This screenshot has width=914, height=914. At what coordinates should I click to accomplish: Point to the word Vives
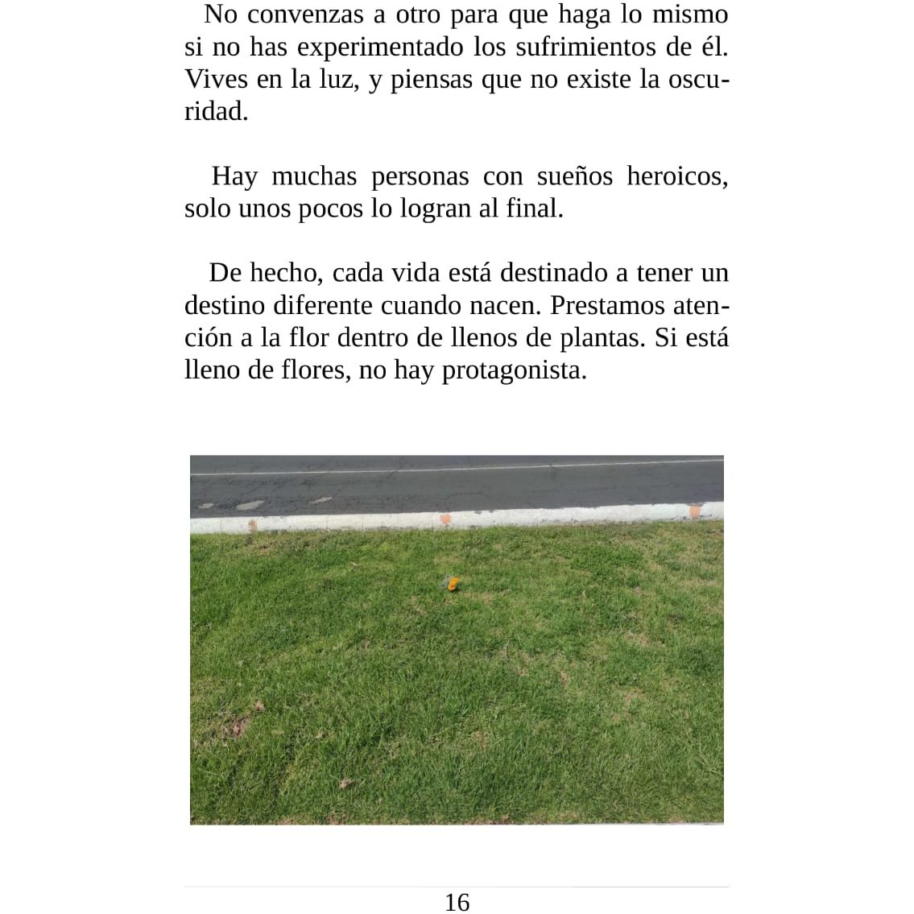coord(216,79)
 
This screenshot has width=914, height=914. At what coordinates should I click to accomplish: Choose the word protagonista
coord(514,370)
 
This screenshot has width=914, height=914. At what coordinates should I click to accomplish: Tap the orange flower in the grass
coord(453,583)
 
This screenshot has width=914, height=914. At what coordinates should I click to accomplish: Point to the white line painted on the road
coord(457,468)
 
